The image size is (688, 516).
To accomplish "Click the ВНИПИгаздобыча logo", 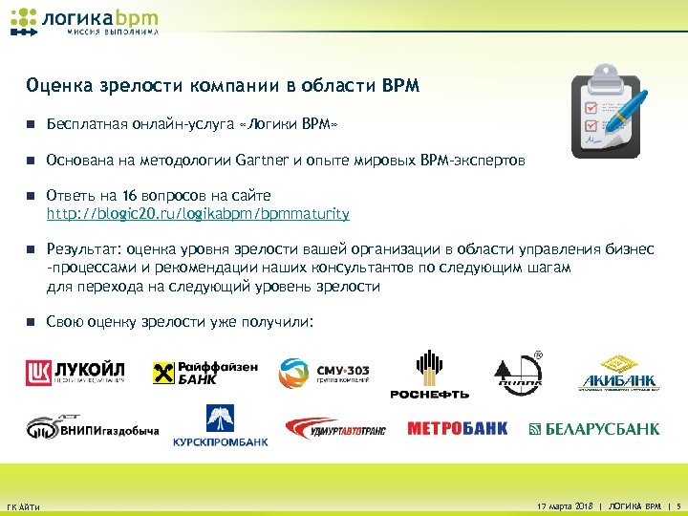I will click(x=92, y=427).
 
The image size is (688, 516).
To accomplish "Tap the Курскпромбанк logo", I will click(x=220, y=426).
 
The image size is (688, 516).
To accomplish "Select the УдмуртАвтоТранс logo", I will click(x=334, y=429).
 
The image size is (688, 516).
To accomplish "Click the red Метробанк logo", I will click(x=458, y=429).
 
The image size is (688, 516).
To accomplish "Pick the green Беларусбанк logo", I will click(x=594, y=429).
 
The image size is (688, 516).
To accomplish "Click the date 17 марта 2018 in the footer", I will click(x=563, y=503).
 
